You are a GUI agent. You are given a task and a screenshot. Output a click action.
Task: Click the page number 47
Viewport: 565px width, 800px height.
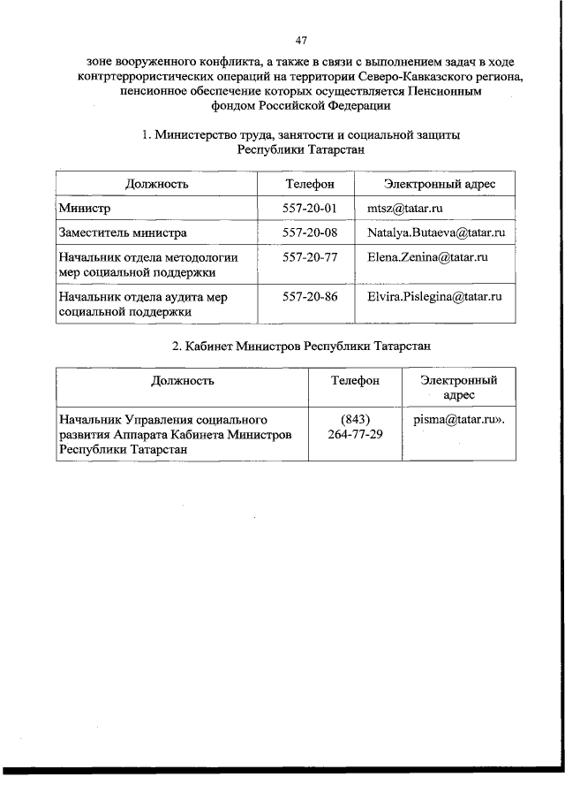pyautogui.click(x=301, y=41)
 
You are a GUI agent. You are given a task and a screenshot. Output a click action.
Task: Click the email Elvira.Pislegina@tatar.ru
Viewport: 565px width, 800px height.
pyautogui.click(x=434, y=297)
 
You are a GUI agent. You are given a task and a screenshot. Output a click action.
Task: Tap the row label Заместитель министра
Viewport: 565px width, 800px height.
pyautogui.click(x=122, y=233)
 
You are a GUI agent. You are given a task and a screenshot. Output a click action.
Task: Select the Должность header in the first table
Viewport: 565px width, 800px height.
pyautogui.click(x=156, y=184)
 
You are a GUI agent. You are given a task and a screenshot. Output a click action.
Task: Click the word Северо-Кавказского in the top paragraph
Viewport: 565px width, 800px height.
pyautogui.click(x=412, y=77)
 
